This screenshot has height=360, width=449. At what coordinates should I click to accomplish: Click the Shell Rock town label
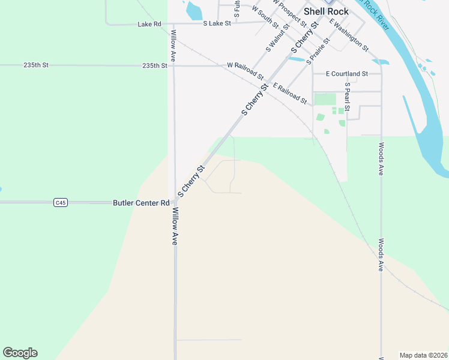(x=326, y=11)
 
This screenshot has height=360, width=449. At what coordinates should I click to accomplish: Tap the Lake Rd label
(x=149, y=24)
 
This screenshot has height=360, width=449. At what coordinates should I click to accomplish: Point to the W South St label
(x=265, y=17)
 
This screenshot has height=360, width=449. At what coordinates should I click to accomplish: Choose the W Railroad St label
(x=246, y=70)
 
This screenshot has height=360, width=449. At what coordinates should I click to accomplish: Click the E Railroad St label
(x=290, y=94)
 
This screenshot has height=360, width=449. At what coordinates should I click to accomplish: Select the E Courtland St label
(x=346, y=74)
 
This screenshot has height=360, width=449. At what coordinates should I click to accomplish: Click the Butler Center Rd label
(x=141, y=203)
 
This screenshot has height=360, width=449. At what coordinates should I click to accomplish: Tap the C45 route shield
(x=60, y=203)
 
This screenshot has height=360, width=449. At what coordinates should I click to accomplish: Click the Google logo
(x=20, y=353)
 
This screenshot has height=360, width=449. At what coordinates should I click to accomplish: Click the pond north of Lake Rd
(x=194, y=10)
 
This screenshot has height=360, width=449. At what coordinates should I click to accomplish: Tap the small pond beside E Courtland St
(x=381, y=61)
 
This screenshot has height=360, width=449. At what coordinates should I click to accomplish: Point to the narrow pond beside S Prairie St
(x=297, y=59)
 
